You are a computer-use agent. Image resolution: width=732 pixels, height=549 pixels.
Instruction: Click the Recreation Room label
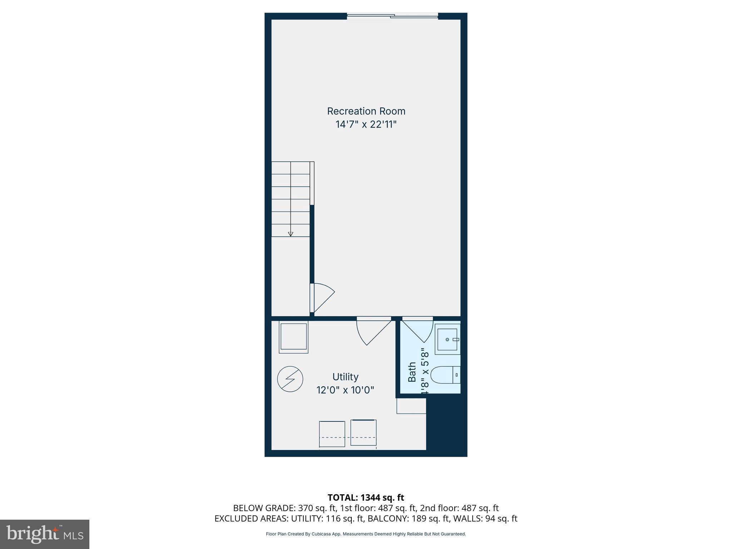pos(366,111)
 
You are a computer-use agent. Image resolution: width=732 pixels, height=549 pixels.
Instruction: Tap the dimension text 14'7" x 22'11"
pos(366,124)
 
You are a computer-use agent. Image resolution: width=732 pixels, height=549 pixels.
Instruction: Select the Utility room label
pos(345,377)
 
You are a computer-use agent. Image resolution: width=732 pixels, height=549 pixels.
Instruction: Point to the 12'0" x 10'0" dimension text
pos(345,390)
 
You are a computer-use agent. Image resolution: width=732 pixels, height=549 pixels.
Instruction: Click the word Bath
pos(412,372)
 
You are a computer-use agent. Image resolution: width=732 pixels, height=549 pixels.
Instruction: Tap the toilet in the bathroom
pos(445,375)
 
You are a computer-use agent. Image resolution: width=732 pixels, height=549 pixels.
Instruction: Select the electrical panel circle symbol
pos(290,379)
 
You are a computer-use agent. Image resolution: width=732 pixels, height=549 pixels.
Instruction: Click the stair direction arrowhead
pos(291,234)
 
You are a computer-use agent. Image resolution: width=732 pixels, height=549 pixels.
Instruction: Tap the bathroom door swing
pos(417,330)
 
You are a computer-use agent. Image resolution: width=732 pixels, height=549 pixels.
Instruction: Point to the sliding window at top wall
pos(392,16)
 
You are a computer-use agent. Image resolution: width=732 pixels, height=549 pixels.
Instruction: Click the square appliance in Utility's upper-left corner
pos(293,337)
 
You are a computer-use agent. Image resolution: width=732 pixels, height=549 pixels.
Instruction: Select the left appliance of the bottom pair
pos(332,434)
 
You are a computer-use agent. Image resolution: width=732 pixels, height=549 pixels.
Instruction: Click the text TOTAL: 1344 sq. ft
pos(366,498)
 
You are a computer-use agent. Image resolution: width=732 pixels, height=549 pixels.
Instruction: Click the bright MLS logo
pos(45,534)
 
